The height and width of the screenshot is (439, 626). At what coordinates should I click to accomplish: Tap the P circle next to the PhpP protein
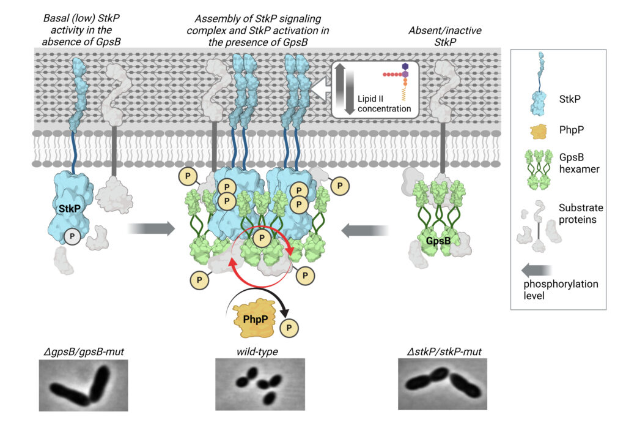pos(289,328)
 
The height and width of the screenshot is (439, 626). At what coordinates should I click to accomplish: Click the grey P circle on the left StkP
pos(72,236)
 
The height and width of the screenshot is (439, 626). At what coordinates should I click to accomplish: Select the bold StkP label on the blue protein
pos(70,208)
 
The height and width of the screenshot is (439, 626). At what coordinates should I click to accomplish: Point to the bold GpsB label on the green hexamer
pos(438,241)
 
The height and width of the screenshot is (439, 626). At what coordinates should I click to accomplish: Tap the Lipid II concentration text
pos(384,103)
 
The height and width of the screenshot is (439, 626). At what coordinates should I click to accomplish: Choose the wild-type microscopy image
pos(260,385)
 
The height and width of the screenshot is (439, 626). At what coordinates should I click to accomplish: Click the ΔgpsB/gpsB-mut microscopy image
pos(83,385)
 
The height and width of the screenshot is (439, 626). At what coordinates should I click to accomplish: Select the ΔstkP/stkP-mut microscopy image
pos(443,385)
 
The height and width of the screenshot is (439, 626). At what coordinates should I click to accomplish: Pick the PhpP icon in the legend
pos(539,131)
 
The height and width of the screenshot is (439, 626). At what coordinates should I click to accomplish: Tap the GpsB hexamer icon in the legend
pos(539,170)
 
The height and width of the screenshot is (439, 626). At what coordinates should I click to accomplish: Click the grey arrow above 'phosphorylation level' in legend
pos(537,271)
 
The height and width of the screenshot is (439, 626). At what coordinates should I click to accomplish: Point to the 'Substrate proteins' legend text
pos(581,214)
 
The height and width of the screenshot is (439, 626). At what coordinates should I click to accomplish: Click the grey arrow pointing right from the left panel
pos(151,228)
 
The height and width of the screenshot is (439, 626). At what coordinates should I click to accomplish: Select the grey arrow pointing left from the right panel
pos(365,231)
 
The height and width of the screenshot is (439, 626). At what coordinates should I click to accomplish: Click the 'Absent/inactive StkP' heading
pos(445,36)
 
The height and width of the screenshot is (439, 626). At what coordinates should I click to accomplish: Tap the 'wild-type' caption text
pos(257,352)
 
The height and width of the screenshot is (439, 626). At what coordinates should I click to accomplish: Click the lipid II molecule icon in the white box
pos(399,82)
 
